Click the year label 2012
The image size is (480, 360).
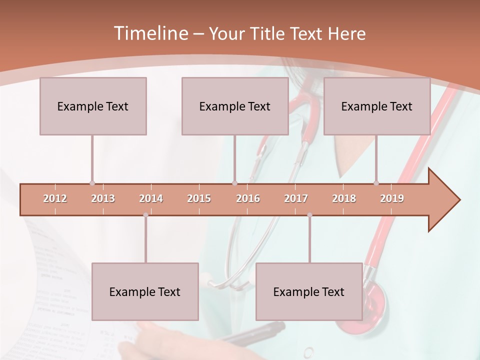[55, 199]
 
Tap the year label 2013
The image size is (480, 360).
[103, 199]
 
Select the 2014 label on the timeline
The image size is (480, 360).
[151, 199]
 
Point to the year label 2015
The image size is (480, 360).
[199, 199]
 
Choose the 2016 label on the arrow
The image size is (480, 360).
[248, 199]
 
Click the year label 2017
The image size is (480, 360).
[296, 199]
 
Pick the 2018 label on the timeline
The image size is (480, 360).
[344, 199]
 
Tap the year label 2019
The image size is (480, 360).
[392, 199]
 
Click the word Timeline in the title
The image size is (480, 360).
[150, 33]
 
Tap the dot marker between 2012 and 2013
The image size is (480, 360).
[92, 183]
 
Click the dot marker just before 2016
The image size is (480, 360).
[234, 183]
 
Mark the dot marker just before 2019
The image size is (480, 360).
[376, 183]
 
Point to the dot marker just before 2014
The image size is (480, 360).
[145, 215]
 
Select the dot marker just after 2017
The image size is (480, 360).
[309, 215]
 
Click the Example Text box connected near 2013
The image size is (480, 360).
[93, 106]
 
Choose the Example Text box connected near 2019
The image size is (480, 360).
[377, 106]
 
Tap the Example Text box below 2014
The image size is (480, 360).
[145, 291]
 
